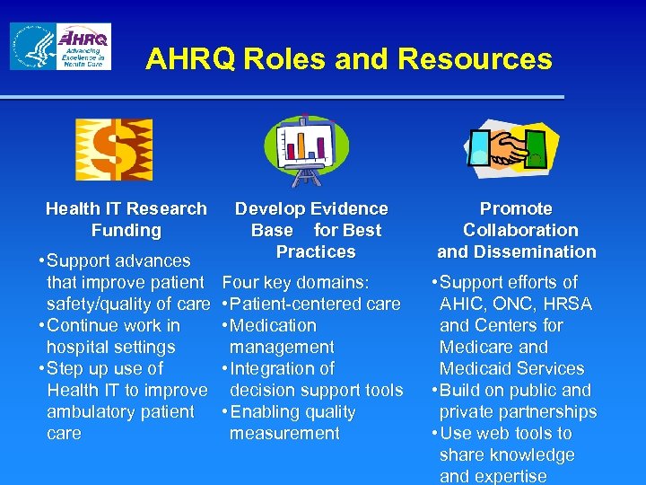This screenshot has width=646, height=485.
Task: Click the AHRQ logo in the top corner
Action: [x=83, y=47]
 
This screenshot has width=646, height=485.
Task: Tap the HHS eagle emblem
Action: [x=31, y=47]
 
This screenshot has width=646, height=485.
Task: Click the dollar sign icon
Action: [x=113, y=149]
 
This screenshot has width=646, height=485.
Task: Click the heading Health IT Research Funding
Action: [x=126, y=219]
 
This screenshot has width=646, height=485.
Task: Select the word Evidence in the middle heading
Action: [x=347, y=208]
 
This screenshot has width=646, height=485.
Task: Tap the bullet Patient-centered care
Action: [x=315, y=304]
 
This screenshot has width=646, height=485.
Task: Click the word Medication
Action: [x=274, y=325]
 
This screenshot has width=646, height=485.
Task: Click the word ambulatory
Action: [x=95, y=411]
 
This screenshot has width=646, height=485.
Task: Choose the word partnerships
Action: [x=543, y=411]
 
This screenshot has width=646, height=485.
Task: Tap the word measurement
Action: [x=284, y=433]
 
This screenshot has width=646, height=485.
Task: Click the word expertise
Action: [x=511, y=476]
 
